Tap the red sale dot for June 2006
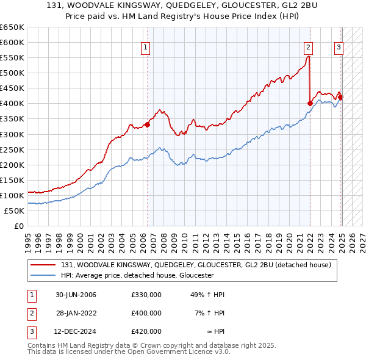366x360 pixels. click(147, 124)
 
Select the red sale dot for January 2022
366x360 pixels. click(310, 103)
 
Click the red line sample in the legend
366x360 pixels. click(44, 265)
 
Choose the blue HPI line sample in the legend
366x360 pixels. click(44, 275)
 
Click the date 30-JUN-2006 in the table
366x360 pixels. click(76, 295)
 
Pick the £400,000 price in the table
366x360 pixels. click(146, 313)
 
